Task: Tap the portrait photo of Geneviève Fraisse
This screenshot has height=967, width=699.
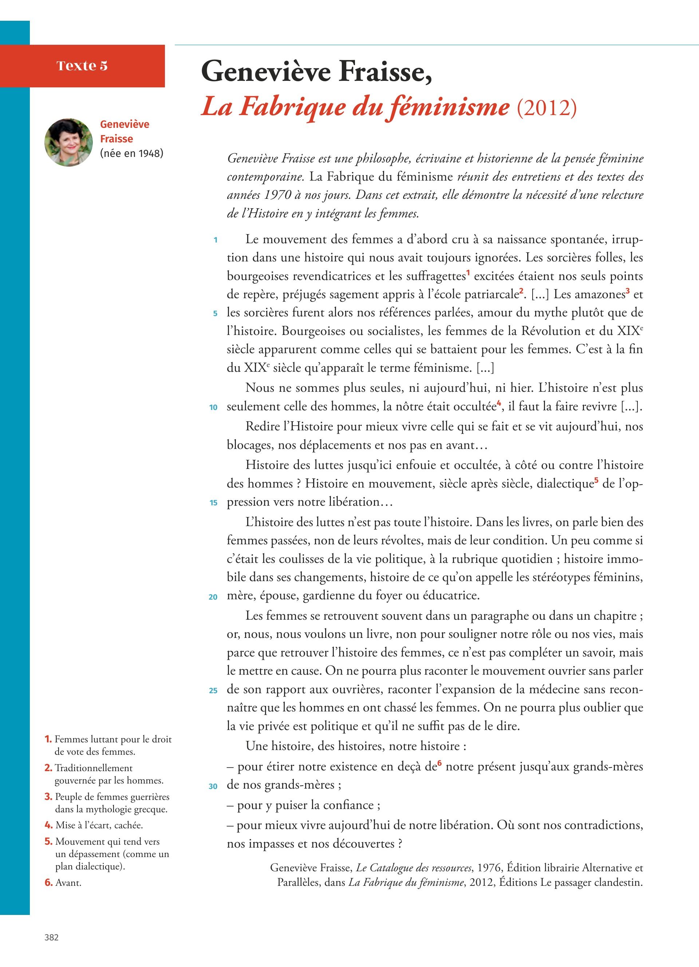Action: (x=68, y=142)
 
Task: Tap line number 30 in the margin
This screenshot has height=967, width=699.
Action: (x=213, y=786)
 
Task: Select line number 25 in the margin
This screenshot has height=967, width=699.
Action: (x=213, y=690)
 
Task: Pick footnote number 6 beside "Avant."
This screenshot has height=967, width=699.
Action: (x=48, y=883)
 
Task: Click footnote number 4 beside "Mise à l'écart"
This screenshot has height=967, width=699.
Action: (x=48, y=825)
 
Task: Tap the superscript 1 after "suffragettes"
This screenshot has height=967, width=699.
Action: (x=467, y=273)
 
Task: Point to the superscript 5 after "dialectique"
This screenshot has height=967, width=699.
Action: (x=596, y=480)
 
